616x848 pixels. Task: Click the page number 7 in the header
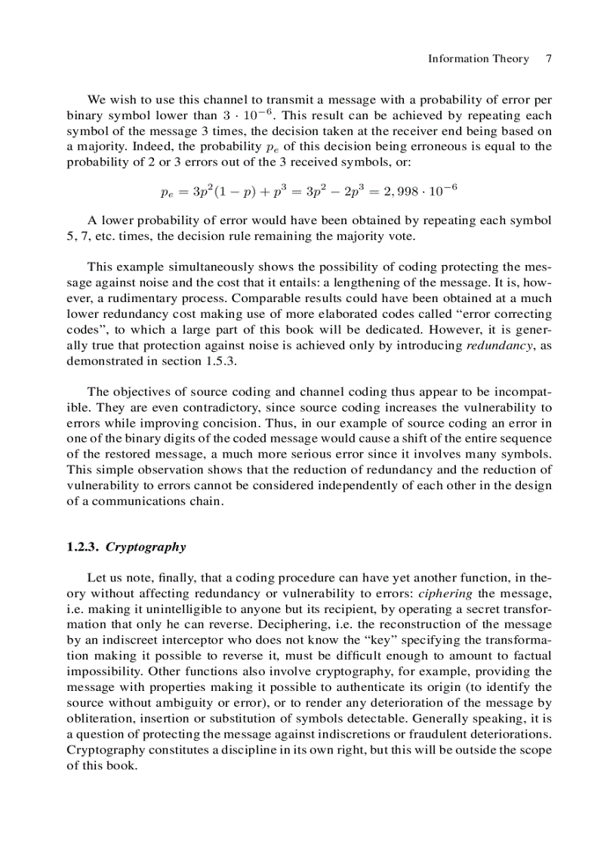point(549,59)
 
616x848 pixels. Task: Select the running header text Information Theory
point(478,59)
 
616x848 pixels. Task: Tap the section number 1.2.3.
point(83,547)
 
